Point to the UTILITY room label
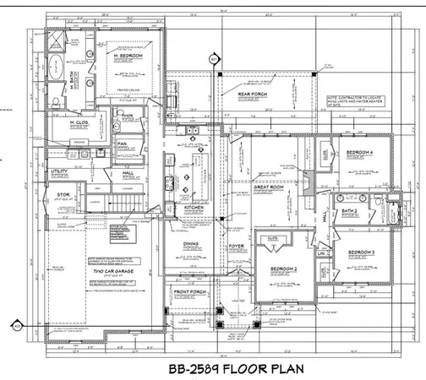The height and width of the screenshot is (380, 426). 58,171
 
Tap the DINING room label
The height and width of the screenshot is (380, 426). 191,244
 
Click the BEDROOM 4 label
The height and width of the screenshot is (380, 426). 361,152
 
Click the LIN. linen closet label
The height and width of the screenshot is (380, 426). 321,252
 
